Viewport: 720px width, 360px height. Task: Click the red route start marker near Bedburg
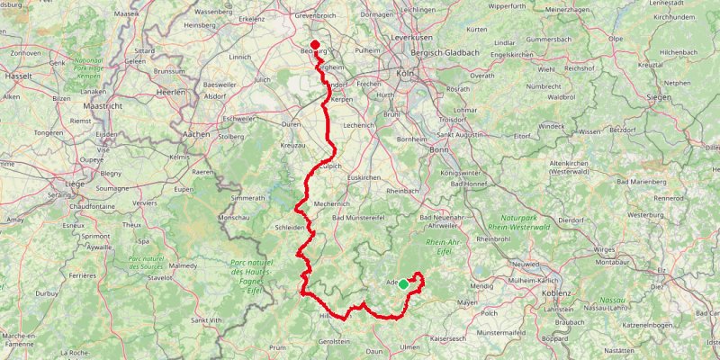315,45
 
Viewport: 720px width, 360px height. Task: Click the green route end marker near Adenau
403,284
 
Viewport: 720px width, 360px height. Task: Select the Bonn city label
439,150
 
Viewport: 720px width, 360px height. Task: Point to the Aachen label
196,134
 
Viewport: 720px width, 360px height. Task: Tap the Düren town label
291,123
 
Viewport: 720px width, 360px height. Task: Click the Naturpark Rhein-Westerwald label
524,223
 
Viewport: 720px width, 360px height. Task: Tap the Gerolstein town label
335,342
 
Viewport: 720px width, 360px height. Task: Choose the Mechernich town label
330,205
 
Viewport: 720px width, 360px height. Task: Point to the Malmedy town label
182,266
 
